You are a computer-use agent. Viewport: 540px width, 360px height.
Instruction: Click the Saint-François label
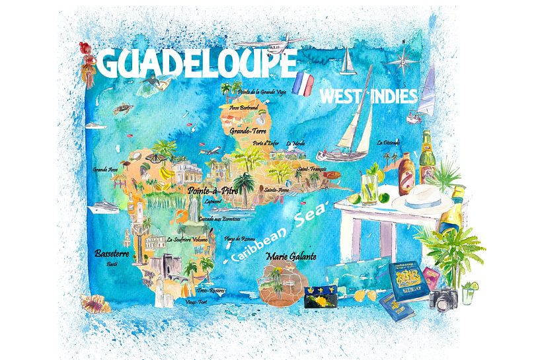tap(313, 169)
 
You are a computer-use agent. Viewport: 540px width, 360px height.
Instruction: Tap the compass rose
tap(401, 63)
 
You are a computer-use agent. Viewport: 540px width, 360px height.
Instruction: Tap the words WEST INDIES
tap(368, 96)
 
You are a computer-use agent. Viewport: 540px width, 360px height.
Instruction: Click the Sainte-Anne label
tap(276, 190)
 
